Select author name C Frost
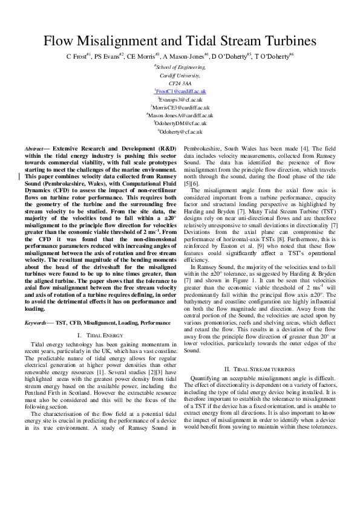[77, 56]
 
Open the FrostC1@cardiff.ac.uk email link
[180, 91]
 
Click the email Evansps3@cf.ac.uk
[180, 99]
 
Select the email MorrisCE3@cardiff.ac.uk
[180, 106]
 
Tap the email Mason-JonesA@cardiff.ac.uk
[180, 115]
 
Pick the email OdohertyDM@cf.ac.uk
[180, 123]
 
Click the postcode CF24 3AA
[180, 83]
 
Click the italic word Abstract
[33, 148]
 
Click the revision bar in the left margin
[19, 177]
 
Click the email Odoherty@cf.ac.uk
[180, 131]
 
